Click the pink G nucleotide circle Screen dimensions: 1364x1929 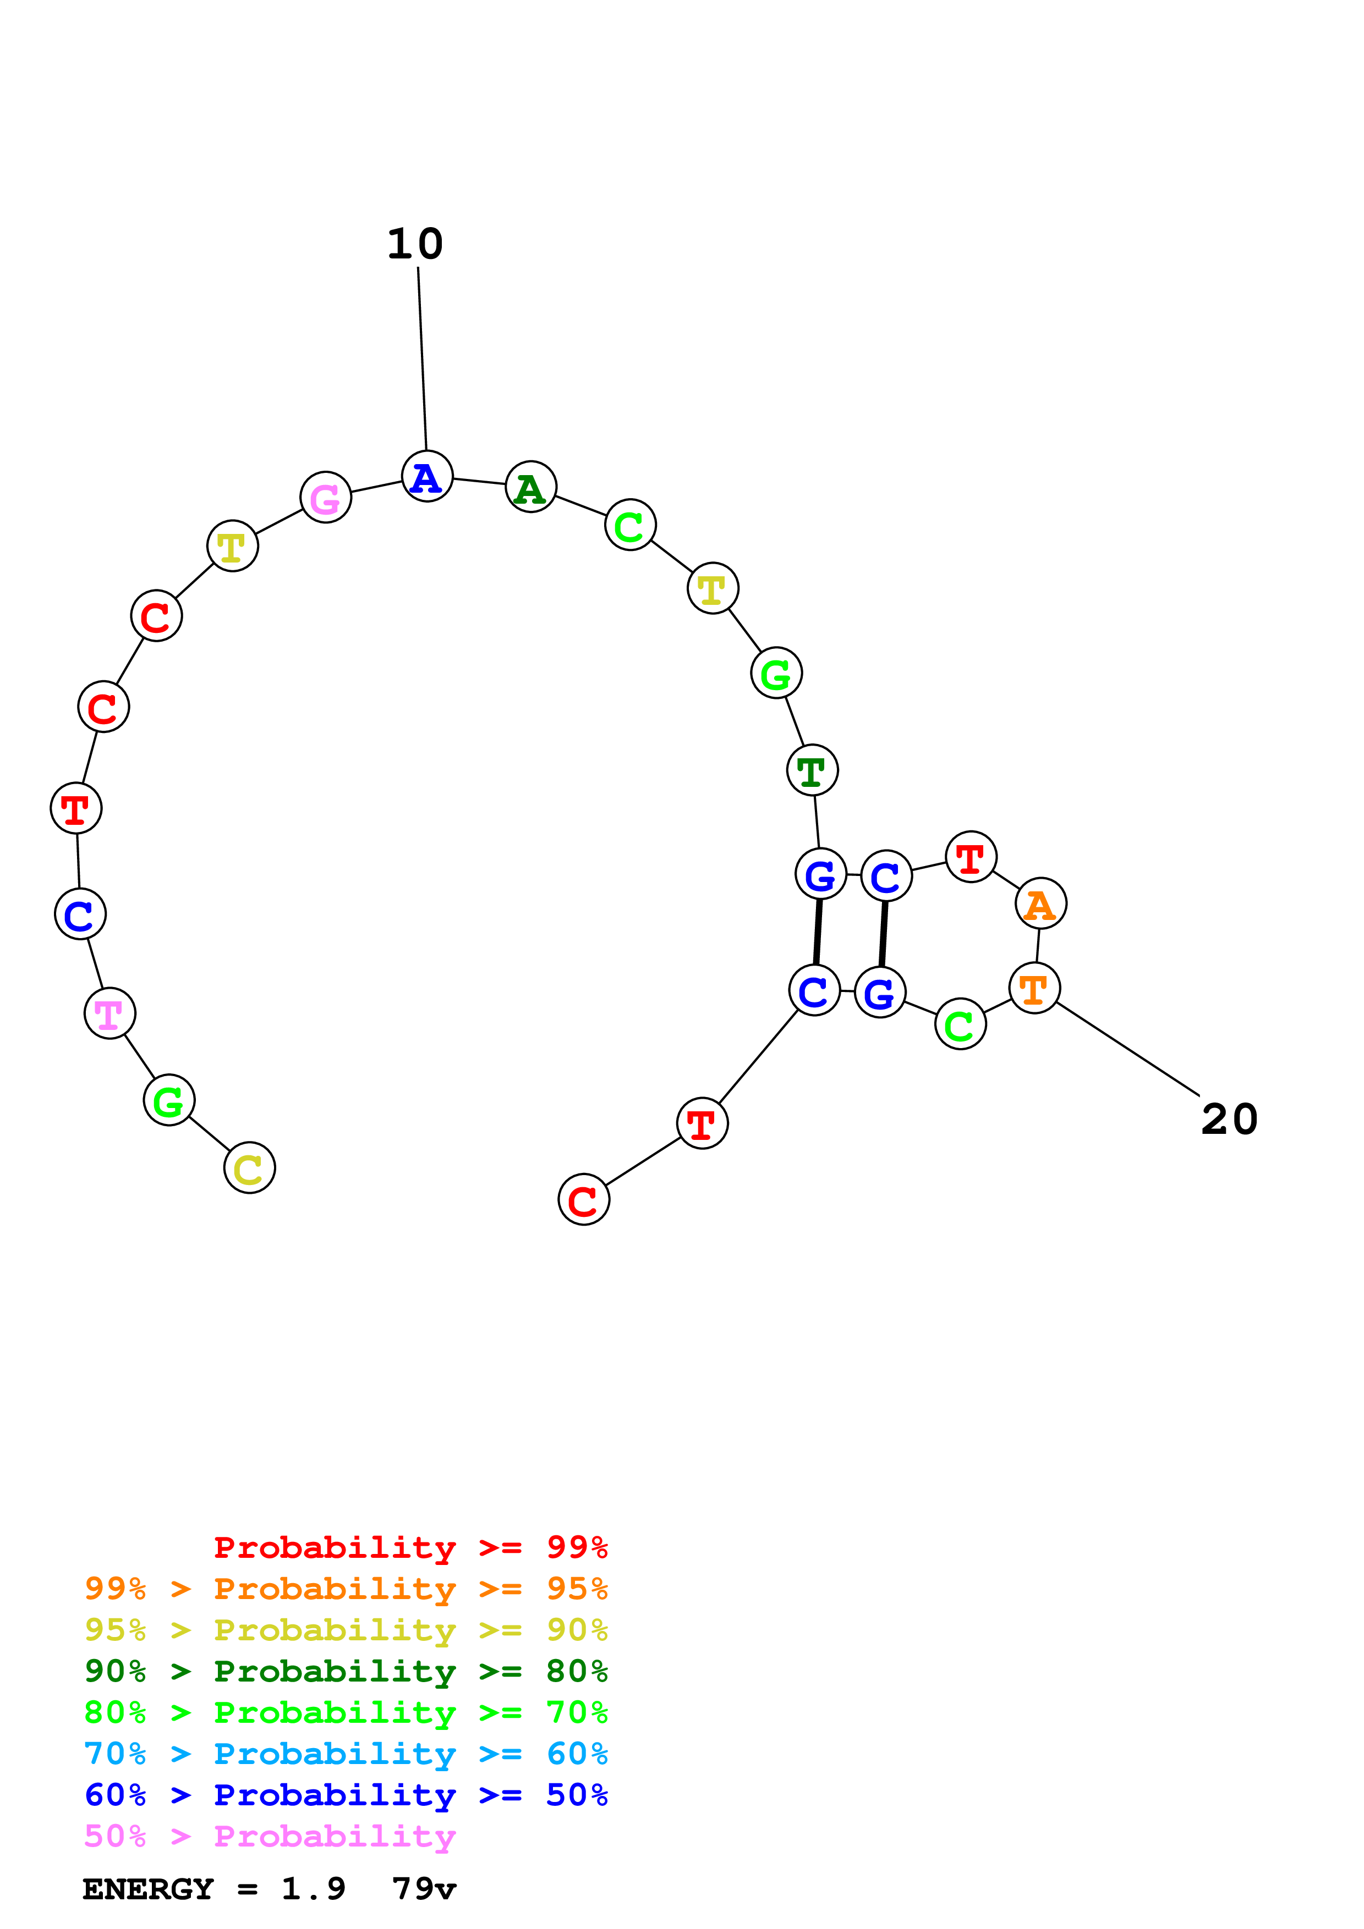click(325, 498)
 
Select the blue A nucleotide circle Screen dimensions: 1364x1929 click(427, 476)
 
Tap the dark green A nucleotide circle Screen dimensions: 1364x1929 click(530, 487)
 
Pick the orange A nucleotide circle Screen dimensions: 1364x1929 click(1040, 904)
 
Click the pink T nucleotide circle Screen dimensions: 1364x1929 click(109, 1013)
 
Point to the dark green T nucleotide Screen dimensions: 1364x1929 click(812, 770)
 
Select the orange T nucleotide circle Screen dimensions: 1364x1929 click(1034, 988)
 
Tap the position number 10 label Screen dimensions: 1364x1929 click(415, 245)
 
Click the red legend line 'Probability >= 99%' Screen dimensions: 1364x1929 click(410, 1547)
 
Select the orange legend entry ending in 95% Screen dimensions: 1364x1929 click(346, 1589)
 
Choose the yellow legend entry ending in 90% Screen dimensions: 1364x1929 click(346, 1630)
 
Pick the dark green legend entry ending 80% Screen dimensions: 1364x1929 click(346, 1671)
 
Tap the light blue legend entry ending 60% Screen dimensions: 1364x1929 click(346, 1754)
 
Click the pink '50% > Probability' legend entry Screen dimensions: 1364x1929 click(269, 1836)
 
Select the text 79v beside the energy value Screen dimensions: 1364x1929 click(424, 1889)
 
